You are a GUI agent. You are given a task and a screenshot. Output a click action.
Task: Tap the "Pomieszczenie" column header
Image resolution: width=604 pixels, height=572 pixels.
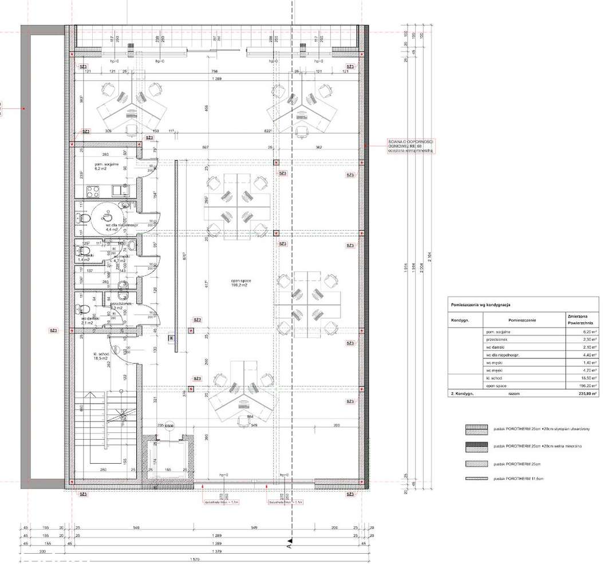click(521, 320)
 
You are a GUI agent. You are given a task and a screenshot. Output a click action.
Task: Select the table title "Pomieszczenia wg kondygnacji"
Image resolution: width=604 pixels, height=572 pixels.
click(484, 306)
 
